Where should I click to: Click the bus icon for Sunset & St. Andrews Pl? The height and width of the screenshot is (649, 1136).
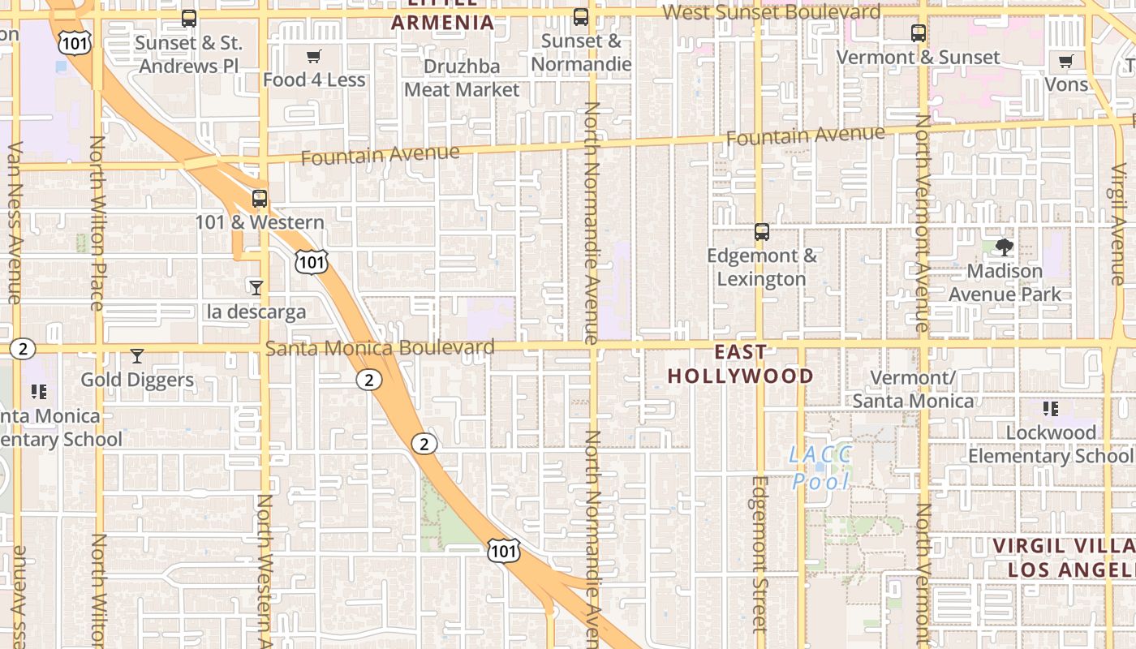[189, 18]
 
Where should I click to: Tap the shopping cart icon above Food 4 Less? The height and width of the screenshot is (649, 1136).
[313, 56]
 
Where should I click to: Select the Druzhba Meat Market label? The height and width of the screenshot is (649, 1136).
[462, 78]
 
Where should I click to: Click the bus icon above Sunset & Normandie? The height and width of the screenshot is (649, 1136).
[581, 17]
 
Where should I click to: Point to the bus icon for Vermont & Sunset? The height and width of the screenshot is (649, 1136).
[919, 33]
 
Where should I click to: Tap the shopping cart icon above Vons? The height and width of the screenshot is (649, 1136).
[1066, 62]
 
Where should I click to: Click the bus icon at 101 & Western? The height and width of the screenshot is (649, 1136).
[260, 198]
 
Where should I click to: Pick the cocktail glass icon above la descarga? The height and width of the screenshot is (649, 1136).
[256, 287]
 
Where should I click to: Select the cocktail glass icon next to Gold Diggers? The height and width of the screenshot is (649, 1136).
[137, 356]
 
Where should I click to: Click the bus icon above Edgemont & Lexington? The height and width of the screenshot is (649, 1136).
[762, 232]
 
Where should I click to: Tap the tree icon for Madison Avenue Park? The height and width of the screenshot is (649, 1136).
[1005, 247]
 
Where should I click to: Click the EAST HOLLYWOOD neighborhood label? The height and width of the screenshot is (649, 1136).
[740, 363]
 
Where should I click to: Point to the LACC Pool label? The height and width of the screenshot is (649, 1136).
[820, 467]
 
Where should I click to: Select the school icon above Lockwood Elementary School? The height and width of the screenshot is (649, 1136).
[1051, 409]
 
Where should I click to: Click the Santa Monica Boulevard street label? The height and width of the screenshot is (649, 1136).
[380, 348]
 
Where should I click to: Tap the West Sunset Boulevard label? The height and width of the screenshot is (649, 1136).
[771, 12]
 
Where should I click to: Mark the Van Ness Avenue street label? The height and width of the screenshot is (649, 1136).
[14, 223]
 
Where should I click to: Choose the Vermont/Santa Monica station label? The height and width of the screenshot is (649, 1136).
[913, 389]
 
